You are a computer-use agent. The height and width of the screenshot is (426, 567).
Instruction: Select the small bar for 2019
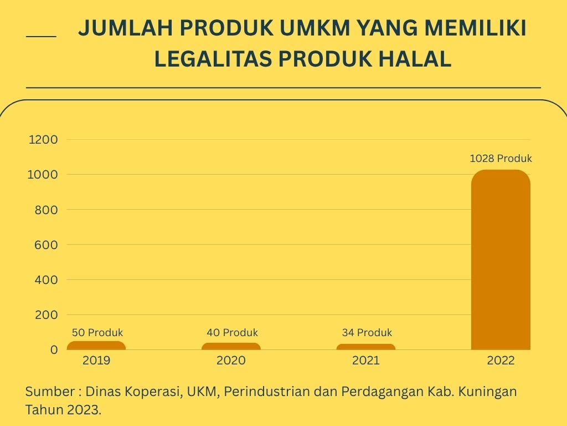click(x=96, y=346)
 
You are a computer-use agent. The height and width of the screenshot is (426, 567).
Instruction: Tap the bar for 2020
click(x=231, y=346)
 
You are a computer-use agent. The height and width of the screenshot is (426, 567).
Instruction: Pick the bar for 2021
click(x=366, y=347)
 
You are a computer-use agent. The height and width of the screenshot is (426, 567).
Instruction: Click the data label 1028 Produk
click(x=501, y=159)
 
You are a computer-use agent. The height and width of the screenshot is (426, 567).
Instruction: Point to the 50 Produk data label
click(x=97, y=333)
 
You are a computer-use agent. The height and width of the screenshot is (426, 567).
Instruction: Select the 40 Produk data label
click(x=232, y=333)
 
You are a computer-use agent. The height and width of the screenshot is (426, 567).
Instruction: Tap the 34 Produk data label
click(x=367, y=333)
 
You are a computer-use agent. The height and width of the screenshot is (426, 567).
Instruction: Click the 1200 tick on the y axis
click(x=43, y=140)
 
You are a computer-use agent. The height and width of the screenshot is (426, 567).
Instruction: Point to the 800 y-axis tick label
click(x=47, y=210)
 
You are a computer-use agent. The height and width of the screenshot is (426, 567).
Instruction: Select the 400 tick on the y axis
click(x=47, y=280)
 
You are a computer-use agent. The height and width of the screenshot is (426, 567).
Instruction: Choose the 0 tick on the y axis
click(x=54, y=350)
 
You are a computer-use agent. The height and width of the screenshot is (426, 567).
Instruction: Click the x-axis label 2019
click(x=96, y=361)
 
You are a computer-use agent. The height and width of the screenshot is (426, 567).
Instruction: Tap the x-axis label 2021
click(x=366, y=361)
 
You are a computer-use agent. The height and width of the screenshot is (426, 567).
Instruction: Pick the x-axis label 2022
click(x=501, y=361)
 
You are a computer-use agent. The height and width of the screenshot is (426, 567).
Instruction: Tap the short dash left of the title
click(x=41, y=37)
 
